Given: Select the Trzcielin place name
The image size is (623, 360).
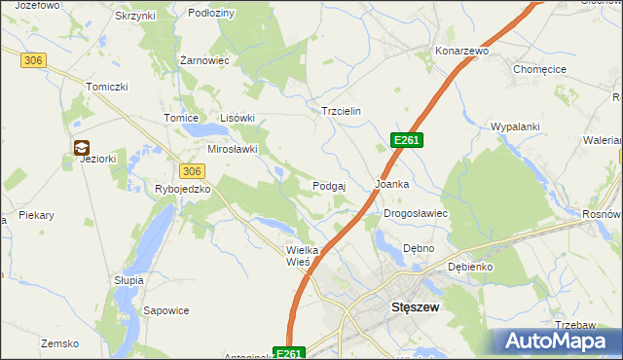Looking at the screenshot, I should point(342,111).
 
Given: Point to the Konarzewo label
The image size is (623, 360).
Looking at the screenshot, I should point(461,51).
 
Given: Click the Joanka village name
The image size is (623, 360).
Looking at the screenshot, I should point(392,183).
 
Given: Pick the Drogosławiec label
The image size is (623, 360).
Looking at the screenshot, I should point(415,212).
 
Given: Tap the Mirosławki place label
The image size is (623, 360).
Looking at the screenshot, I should point(233,149).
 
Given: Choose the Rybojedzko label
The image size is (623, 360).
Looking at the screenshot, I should point(183,189).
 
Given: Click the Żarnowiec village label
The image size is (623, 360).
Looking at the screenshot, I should point(204,59).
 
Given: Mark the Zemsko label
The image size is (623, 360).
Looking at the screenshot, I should point(58,343).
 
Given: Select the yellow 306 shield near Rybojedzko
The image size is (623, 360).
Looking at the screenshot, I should point(192,170).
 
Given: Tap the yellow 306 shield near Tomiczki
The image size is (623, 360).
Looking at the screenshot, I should point(33,60).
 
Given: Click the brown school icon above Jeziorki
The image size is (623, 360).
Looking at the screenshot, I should point(82,148).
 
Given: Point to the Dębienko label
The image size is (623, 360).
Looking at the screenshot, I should point(470,266).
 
